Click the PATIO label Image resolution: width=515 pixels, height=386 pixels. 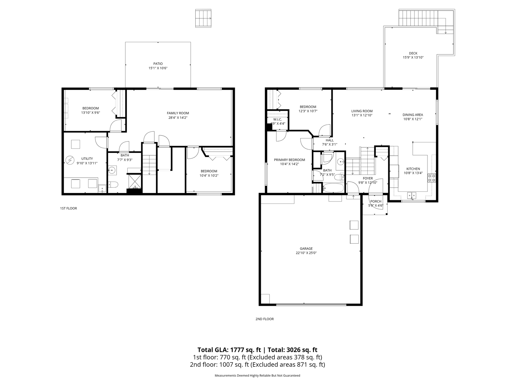tap(158, 64)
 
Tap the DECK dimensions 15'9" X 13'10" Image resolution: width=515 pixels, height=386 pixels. tap(413, 57)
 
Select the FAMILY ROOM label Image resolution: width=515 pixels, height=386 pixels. tap(178, 113)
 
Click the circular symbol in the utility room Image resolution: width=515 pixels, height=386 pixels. tap(70, 159)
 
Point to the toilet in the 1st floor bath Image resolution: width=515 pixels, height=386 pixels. tap(113, 184)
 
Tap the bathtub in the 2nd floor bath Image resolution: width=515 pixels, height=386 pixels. tap(333, 188)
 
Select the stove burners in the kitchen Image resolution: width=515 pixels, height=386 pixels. tap(432, 178)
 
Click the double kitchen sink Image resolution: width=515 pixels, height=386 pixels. tap(412, 195)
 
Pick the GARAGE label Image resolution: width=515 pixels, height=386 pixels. tap(306, 248)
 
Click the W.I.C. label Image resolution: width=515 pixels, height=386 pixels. tap(277, 119)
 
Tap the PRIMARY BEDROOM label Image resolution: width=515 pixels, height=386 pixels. tap(289, 160)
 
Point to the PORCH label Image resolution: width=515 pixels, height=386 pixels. tap(376, 201)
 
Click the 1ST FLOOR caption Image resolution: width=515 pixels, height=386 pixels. tap(69, 208)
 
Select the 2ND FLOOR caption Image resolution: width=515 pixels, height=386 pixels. tap(264, 319)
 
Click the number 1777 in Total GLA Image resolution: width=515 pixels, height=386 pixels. tap(237, 350)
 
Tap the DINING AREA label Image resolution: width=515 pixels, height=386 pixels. tap(413, 115)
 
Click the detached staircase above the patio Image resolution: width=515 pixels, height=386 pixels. tap(203, 18)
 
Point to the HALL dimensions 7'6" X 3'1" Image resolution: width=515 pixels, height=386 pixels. tap(330, 144)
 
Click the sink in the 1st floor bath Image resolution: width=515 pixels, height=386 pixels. tap(112, 171)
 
